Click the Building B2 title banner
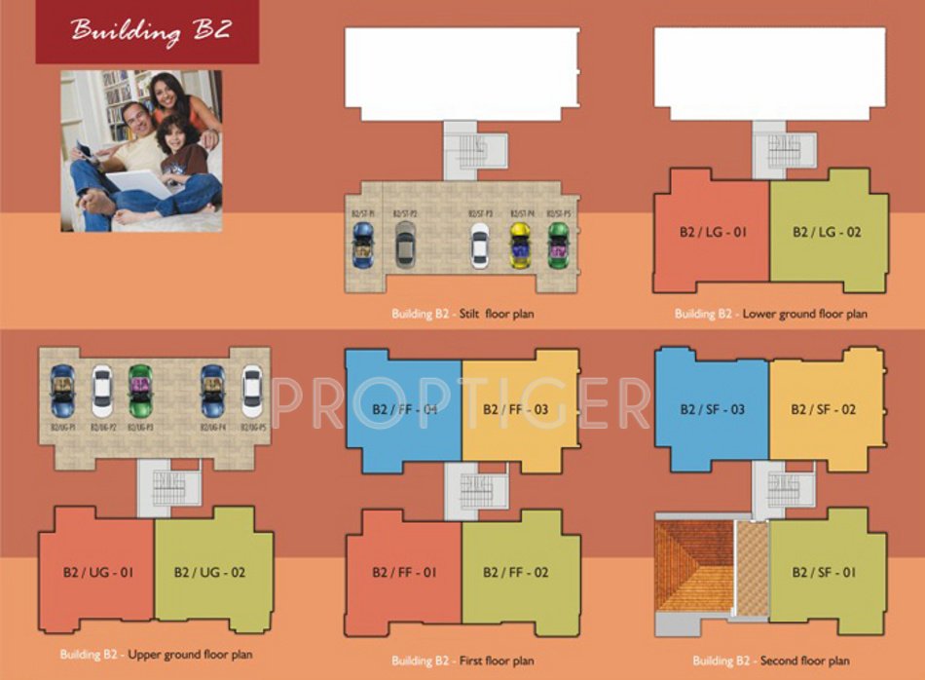tap(148, 31)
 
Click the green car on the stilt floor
tap(558, 246)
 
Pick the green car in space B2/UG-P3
tap(140, 391)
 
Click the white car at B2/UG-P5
tap(252, 391)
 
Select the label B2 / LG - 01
tap(714, 233)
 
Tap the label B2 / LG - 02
tap(827, 233)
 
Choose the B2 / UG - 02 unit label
tap(209, 572)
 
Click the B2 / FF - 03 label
tap(516, 410)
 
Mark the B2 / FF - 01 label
tap(404, 572)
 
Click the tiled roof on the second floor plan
tap(693, 565)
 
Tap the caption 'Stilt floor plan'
tap(462, 314)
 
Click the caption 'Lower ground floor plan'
tap(770, 314)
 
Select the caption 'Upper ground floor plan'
tap(156, 654)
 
